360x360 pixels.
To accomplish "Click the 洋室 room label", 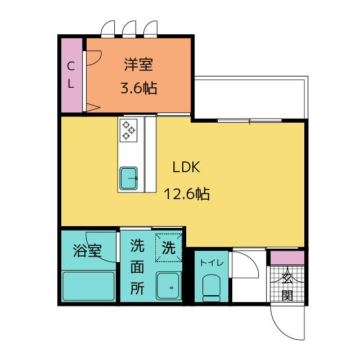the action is tap(138, 65).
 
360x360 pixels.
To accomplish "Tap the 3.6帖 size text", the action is tap(139, 88).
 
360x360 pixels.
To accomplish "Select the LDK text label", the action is tap(186, 167).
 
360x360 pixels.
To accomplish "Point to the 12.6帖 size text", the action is tap(186, 194).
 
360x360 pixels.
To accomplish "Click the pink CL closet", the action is tap(71, 75).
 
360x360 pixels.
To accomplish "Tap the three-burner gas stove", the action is tap(128, 130).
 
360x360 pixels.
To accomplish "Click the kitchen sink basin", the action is tap(128, 178).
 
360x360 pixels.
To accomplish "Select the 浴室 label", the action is tap(87, 250).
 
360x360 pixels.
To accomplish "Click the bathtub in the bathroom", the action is tap(88, 286).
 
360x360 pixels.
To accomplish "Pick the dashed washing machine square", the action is tap(169, 247).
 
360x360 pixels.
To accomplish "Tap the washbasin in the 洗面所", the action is tap(168, 286).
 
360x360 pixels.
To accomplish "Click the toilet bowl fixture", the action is tap(211, 288).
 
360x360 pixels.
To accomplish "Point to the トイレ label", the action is tap(211, 263).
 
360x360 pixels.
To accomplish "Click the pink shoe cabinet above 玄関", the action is tap(287, 258).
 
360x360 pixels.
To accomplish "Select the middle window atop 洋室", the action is tap(129, 29).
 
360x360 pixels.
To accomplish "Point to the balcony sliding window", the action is tap(250, 120).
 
